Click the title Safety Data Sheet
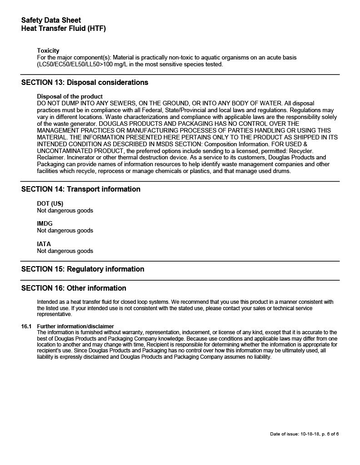[x=51, y=20]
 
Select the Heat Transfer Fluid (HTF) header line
[x=63, y=29]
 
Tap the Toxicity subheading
[x=48, y=50]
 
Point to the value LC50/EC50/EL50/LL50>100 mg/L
[x=87, y=64]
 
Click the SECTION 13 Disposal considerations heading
[x=85, y=83]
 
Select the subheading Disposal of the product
[x=70, y=97]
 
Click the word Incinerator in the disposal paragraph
[x=53, y=158]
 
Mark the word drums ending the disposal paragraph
[x=282, y=171]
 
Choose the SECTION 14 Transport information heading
[x=80, y=189]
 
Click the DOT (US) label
[x=50, y=204]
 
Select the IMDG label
[x=45, y=224]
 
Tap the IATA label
[x=44, y=244]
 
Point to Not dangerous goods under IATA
[x=65, y=251]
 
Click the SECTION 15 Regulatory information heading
[x=83, y=269]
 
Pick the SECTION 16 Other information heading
[x=74, y=288]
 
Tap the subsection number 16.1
[x=26, y=326]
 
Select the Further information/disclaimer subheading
[x=75, y=326]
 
